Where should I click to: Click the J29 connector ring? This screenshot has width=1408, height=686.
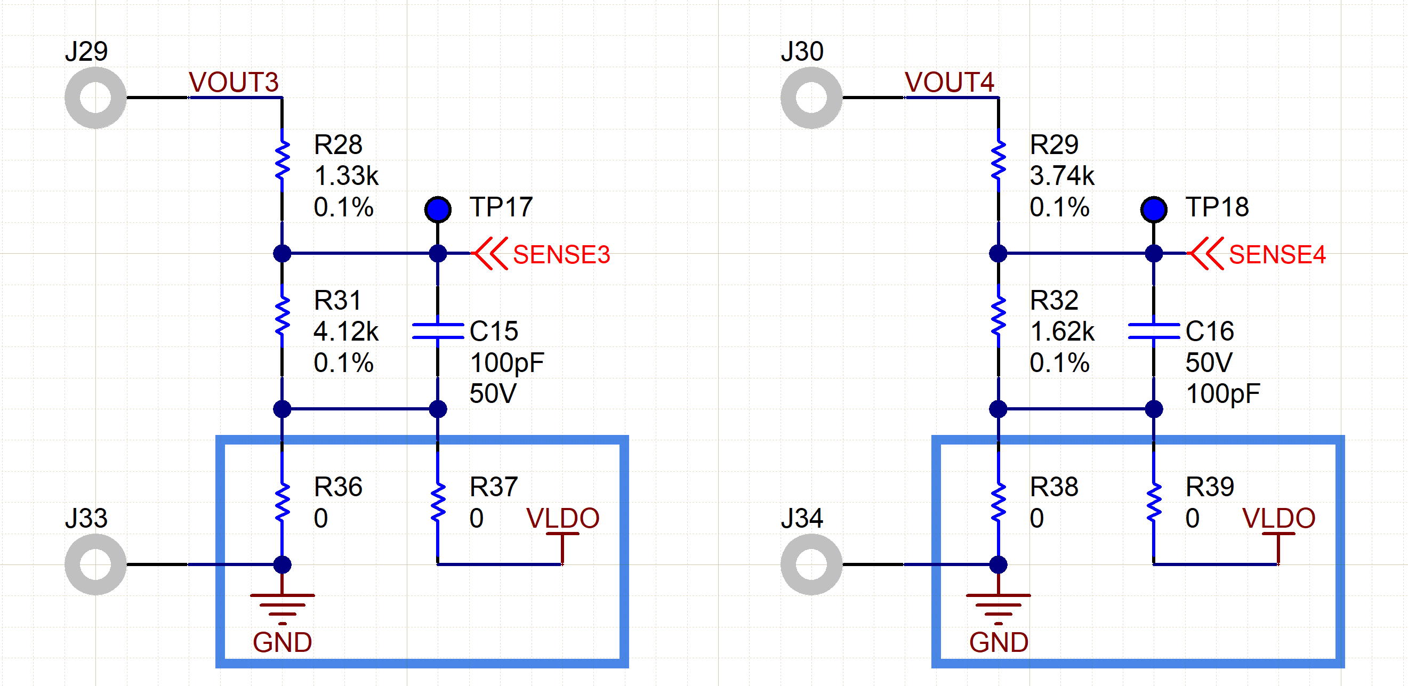coord(95,98)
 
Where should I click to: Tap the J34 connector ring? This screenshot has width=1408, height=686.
coord(811,564)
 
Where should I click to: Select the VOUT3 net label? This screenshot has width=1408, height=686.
coord(234,83)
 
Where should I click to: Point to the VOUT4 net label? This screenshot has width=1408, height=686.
coord(949,83)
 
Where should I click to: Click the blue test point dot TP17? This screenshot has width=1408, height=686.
coord(438,209)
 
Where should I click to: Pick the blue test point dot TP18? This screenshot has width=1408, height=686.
coord(1153,209)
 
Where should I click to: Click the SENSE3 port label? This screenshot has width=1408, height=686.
coord(561,255)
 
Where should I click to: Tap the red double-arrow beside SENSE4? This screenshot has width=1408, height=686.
coord(1206,254)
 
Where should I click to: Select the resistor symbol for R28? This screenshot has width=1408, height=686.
coord(282,160)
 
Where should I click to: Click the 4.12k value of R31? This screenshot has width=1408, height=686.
coord(346,331)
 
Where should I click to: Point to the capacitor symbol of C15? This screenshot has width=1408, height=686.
coord(438,331)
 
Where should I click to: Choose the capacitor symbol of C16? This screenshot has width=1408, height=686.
coord(1153,331)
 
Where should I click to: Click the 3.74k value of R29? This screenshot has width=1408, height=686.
coord(1062,176)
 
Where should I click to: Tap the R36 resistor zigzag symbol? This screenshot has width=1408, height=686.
coord(282,502)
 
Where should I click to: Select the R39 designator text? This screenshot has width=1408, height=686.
coord(1210,487)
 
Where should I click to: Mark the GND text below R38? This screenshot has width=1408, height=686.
coord(999,642)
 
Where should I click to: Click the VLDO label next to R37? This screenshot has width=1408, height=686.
coord(562,518)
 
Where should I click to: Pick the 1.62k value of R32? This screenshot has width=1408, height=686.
coord(1062,331)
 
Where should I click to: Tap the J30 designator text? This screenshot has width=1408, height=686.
coord(802,51)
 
